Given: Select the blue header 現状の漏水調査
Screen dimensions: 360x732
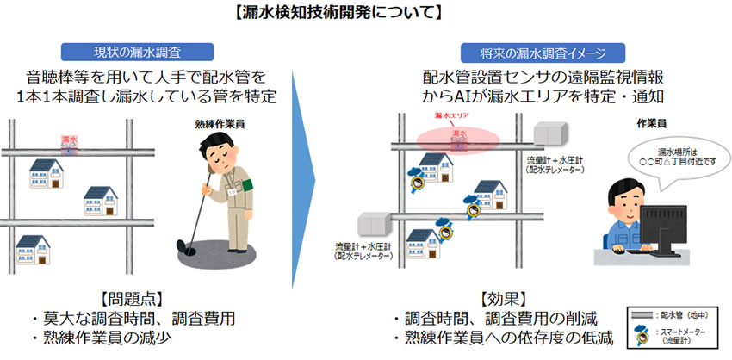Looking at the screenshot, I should (144, 52).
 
